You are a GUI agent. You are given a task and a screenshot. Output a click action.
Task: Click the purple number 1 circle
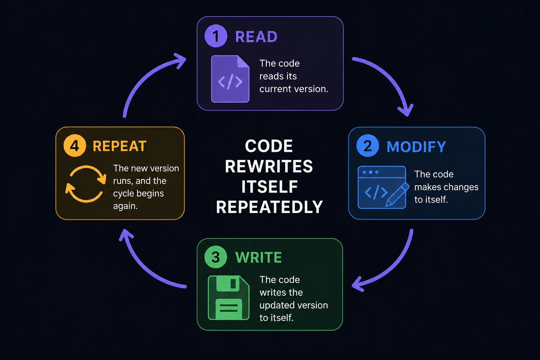click(216, 36)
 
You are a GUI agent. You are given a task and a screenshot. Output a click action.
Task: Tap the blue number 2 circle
click(368, 146)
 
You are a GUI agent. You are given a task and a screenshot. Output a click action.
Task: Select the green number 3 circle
click(216, 257)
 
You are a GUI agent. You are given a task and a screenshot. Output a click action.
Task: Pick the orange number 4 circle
click(75, 146)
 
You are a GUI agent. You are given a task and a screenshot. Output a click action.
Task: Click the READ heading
click(256, 37)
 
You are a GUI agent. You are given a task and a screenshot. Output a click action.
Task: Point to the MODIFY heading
click(416, 147)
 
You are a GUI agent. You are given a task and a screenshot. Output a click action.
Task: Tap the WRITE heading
click(258, 257)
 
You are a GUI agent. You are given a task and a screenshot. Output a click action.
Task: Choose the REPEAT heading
click(120, 146)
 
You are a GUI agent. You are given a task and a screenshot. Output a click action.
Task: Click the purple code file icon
click(230, 79)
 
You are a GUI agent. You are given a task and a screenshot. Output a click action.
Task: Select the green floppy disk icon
click(229, 297)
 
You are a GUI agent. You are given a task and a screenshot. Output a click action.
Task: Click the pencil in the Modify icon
click(397, 194)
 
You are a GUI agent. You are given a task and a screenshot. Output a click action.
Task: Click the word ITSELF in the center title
click(270, 187)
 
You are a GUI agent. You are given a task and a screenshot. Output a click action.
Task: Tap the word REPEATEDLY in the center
click(269, 207)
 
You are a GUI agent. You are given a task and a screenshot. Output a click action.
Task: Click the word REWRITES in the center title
click(269, 166)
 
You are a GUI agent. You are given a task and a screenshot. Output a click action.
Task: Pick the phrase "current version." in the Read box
click(294, 89)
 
